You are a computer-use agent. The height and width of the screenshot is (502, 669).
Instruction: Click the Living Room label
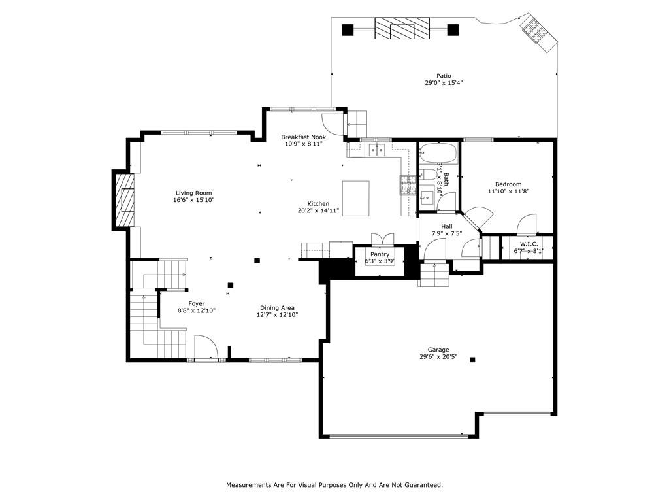[x=193, y=193]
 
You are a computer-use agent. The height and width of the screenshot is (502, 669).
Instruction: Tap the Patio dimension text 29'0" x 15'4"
[x=444, y=83]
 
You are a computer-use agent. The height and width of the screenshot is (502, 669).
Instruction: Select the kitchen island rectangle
[x=356, y=199]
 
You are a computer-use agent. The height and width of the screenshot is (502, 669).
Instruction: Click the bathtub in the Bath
[x=438, y=154]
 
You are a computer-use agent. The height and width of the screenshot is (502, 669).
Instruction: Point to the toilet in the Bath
[x=428, y=175]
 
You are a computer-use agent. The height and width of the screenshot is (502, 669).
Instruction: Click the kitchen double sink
[x=377, y=150]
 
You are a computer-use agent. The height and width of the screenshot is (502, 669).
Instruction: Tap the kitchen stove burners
[x=408, y=185]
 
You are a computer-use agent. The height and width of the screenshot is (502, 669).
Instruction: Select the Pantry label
[x=380, y=254]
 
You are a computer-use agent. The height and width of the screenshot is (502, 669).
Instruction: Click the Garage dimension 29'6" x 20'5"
[x=438, y=356]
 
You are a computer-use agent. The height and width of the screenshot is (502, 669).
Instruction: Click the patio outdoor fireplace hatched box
[x=402, y=28]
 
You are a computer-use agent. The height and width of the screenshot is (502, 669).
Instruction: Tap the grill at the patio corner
[x=538, y=33]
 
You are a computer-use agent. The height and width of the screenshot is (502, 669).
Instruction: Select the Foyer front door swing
[x=206, y=346]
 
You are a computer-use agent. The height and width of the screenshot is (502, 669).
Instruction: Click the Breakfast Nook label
[x=303, y=137]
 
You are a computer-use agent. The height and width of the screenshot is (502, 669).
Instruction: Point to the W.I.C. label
[x=529, y=244]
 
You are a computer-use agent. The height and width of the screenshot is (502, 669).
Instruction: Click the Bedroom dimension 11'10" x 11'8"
[x=508, y=192]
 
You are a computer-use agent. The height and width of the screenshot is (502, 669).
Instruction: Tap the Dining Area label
[x=277, y=307]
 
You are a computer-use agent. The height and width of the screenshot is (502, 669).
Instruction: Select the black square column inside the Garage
[x=472, y=360]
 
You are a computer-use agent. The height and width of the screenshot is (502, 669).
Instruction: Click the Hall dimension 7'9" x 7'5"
[x=447, y=233]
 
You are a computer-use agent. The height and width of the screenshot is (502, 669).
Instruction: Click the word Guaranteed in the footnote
[x=425, y=485]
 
